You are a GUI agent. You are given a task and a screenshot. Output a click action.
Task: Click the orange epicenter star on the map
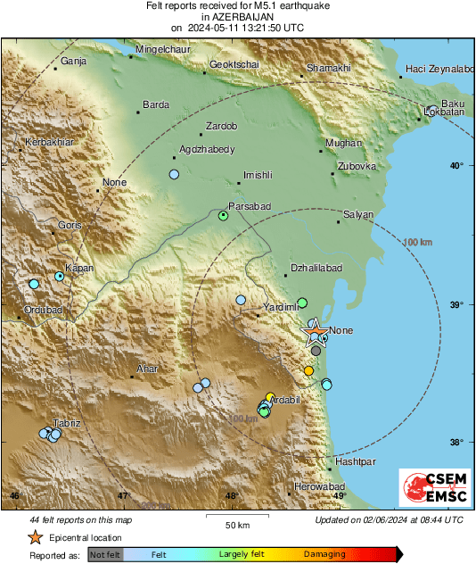(x=316, y=334)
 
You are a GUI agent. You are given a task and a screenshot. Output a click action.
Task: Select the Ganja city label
(x=72, y=62)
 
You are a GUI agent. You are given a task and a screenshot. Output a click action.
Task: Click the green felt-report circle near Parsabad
(x=224, y=215)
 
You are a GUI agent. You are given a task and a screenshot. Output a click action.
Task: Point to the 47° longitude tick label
(x=124, y=496)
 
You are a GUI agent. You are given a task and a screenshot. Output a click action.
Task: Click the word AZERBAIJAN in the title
(x=237, y=17)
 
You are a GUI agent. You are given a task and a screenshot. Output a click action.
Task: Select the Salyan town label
(x=358, y=215)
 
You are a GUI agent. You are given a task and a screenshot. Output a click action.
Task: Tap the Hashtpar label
(x=356, y=462)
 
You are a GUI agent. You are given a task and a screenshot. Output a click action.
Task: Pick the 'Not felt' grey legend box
(x=105, y=554)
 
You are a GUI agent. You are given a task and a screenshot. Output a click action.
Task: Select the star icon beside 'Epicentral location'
(x=35, y=537)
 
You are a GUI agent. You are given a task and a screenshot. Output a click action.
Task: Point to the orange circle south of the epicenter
(x=308, y=370)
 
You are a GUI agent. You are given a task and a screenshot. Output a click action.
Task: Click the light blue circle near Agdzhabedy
(x=175, y=174)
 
